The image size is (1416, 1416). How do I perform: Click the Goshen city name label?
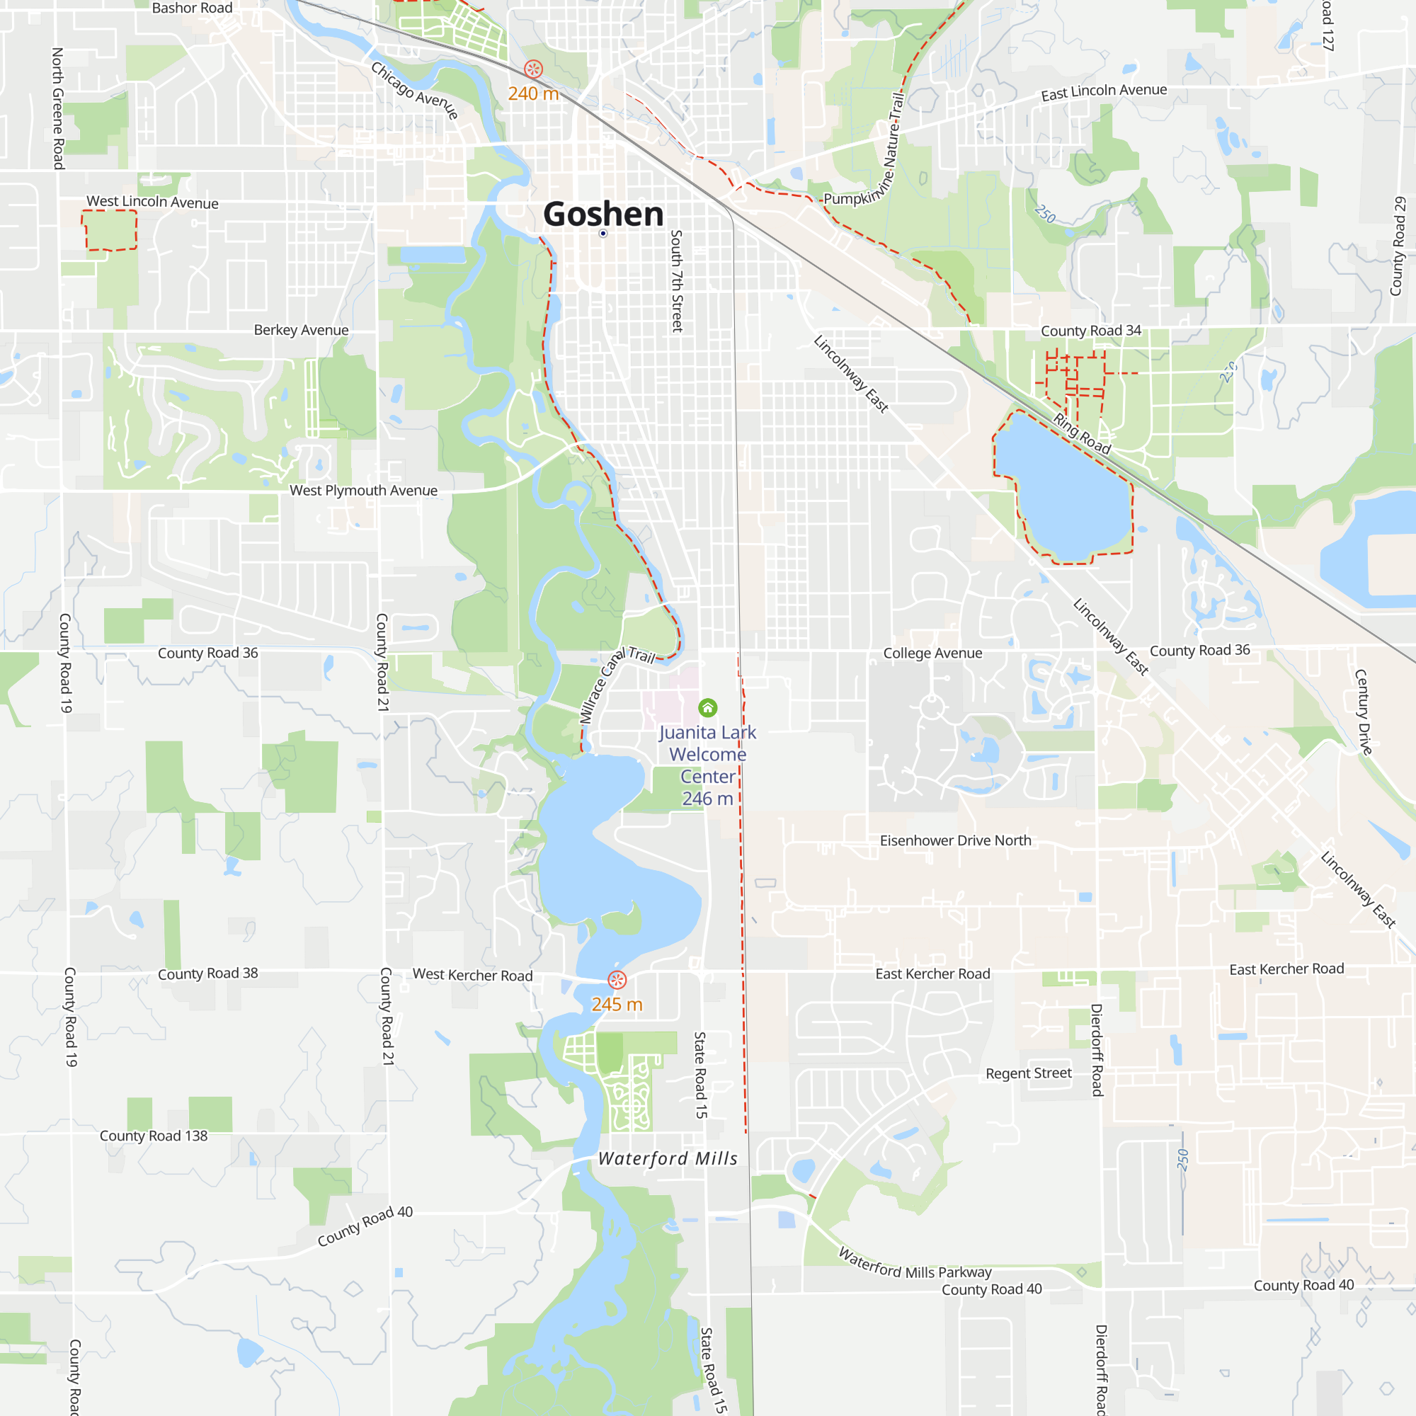tap(603, 214)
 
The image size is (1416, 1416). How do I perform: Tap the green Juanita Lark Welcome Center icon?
tap(707, 707)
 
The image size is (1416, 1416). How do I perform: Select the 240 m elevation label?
tap(533, 94)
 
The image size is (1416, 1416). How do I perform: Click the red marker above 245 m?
tap(617, 980)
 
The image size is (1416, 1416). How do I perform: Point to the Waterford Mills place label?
tap(668, 1158)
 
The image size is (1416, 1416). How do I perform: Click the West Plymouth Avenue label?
tap(363, 491)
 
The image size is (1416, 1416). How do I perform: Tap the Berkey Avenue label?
tap(301, 330)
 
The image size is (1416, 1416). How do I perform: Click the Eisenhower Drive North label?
tap(955, 840)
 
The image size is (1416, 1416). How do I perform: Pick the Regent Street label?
tap(1028, 1073)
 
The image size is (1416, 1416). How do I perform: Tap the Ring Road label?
tap(1082, 433)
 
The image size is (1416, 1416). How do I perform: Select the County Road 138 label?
tap(153, 1136)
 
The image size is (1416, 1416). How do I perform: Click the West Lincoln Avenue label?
tap(152, 202)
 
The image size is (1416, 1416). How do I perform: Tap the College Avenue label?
tap(932, 653)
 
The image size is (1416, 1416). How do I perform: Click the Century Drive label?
tap(1363, 712)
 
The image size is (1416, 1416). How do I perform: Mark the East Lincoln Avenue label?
tap(1104, 91)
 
